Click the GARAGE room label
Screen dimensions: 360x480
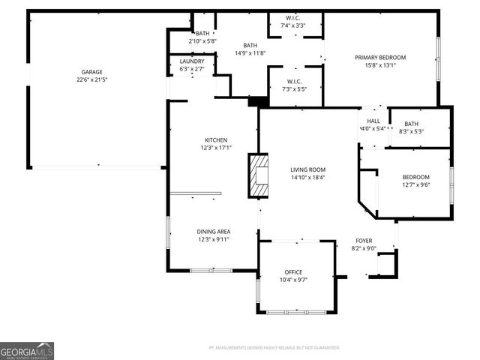(x=92, y=72)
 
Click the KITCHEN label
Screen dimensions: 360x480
(x=216, y=140)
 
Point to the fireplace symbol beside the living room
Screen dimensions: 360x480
(x=258, y=176)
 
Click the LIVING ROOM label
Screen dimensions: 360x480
(x=307, y=169)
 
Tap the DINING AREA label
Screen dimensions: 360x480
(x=214, y=232)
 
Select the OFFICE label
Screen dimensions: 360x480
(x=292, y=271)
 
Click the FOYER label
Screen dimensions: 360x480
(x=364, y=241)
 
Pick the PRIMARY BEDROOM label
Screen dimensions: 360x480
(x=380, y=58)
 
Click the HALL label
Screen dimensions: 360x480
(x=373, y=121)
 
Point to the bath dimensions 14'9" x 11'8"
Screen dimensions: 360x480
(x=250, y=53)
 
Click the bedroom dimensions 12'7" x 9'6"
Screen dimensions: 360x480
(x=416, y=184)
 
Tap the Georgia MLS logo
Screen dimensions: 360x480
(x=27, y=350)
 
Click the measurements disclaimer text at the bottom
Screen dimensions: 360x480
(x=274, y=348)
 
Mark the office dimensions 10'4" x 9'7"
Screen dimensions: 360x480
(x=292, y=279)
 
